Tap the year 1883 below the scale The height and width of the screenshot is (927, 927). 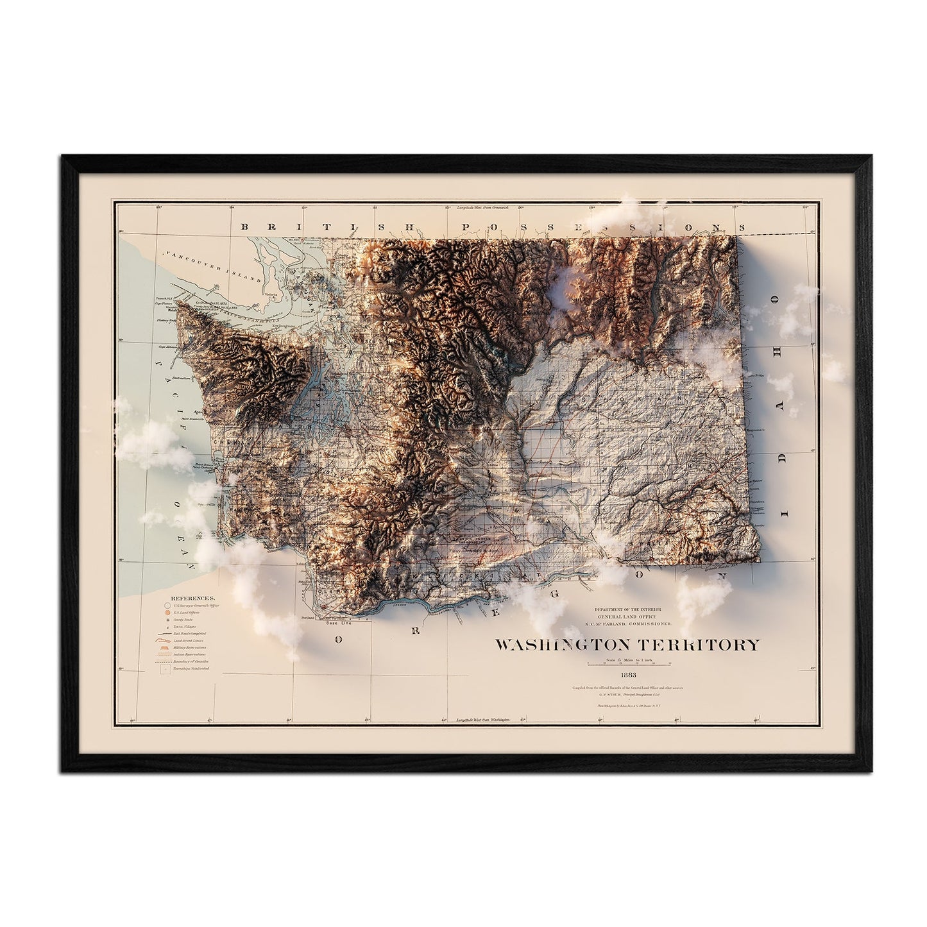pyautogui.click(x=627, y=674)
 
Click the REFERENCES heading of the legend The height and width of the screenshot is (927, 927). pyautogui.click(x=182, y=596)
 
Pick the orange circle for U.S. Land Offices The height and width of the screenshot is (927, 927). pyautogui.click(x=167, y=614)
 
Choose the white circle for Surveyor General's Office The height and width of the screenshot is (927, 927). pyautogui.click(x=167, y=605)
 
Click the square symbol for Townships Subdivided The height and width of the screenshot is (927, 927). pyautogui.click(x=167, y=669)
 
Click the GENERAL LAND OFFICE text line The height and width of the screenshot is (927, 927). pyautogui.click(x=633, y=616)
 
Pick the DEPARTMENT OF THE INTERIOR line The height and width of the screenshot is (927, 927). pyautogui.click(x=633, y=608)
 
